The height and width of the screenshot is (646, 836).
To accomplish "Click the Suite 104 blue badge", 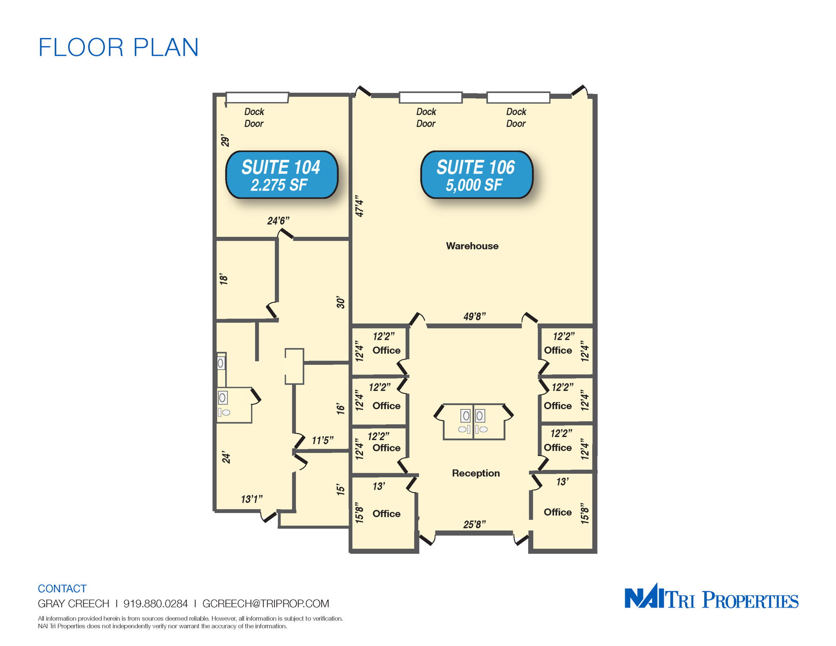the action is [x=282, y=175].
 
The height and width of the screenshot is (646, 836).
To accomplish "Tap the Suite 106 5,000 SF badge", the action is [x=476, y=175].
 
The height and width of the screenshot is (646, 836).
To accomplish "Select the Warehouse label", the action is [x=472, y=246].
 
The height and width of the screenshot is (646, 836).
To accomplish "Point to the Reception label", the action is [x=476, y=473].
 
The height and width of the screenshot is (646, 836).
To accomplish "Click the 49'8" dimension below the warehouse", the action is [x=475, y=317].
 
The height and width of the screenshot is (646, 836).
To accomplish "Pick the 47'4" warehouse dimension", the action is [x=359, y=206].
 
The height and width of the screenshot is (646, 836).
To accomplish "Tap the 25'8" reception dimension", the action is [x=475, y=524].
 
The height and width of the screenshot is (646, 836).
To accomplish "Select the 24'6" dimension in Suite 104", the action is [x=278, y=221].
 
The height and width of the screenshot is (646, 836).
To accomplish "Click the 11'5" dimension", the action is [x=323, y=440].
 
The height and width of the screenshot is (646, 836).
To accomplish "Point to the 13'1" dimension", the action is [x=252, y=499].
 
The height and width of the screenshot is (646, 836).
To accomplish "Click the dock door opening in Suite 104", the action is [x=257, y=98].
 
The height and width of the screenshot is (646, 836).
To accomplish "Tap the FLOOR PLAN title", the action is [x=118, y=47].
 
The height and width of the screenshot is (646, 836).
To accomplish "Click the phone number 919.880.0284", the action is [x=155, y=604].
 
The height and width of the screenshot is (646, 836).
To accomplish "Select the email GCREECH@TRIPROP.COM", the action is [x=266, y=604].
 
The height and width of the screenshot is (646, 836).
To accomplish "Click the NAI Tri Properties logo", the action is [x=712, y=596].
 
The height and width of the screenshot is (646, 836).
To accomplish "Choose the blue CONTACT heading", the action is [x=62, y=589].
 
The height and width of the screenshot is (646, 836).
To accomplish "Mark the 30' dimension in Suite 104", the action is [x=341, y=302].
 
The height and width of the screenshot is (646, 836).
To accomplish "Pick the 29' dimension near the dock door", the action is [x=225, y=141].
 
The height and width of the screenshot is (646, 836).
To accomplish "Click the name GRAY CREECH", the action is [x=74, y=604].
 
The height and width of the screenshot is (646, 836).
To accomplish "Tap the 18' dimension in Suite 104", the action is [x=224, y=279].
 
